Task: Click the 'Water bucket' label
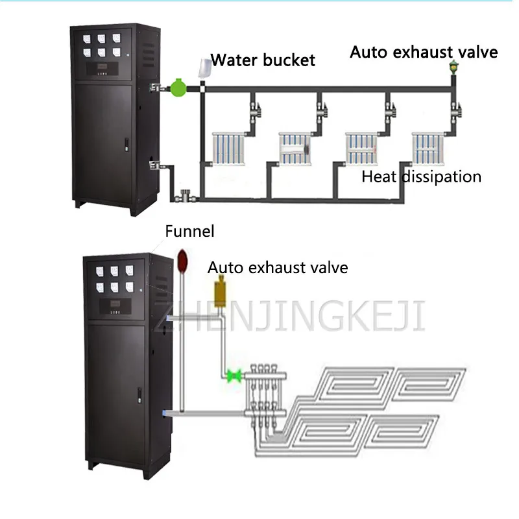click(x=263, y=61)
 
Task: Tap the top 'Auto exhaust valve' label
click(x=424, y=52)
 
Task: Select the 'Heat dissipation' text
click(x=421, y=176)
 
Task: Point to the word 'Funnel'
click(x=189, y=231)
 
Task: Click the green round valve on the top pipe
click(x=176, y=88)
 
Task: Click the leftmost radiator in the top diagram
click(x=229, y=148)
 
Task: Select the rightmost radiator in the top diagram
click(x=429, y=148)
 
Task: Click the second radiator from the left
click(x=296, y=148)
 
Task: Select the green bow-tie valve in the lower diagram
click(x=232, y=374)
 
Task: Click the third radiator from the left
click(x=361, y=148)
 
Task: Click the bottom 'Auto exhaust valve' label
click(x=278, y=267)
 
